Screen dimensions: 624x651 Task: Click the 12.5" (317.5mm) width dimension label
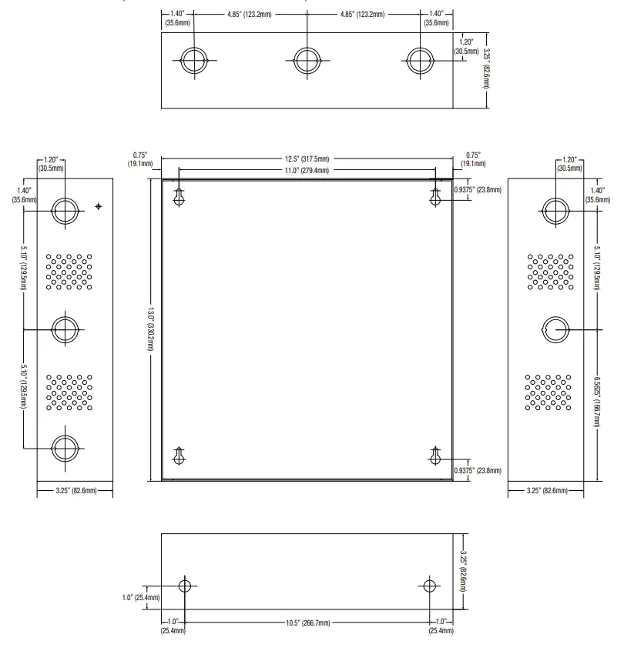click(x=307, y=159)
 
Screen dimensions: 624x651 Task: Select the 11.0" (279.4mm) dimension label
click(x=307, y=170)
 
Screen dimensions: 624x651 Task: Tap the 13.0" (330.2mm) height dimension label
click(x=150, y=329)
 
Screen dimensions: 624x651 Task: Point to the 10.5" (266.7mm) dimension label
click(x=308, y=623)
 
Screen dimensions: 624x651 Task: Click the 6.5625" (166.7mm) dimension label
click(x=597, y=402)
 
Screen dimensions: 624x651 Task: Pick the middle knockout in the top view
click(x=307, y=61)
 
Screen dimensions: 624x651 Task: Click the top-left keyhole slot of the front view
click(x=179, y=197)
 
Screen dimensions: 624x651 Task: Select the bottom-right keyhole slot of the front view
click(x=435, y=456)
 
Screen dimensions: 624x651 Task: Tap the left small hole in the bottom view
click(x=185, y=586)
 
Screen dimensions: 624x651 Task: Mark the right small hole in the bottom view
click(x=429, y=586)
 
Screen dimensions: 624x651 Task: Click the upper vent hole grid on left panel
click(x=69, y=272)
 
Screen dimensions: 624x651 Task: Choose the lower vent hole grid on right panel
click(x=548, y=392)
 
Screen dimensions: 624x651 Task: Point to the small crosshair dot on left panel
click(x=99, y=206)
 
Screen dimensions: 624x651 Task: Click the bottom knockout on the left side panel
click(x=65, y=449)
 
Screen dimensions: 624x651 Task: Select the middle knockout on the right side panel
click(x=555, y=329)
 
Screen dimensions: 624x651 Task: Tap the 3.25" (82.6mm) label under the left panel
click(x=76, y=491)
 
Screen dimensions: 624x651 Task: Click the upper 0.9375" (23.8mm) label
click(x=478, y=190)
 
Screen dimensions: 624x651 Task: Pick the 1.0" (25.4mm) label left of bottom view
click(x=141, y=598)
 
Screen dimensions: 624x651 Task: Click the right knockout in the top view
click(x=420, y=61)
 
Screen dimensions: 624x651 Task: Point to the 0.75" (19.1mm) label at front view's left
click(x=140, y=159)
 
